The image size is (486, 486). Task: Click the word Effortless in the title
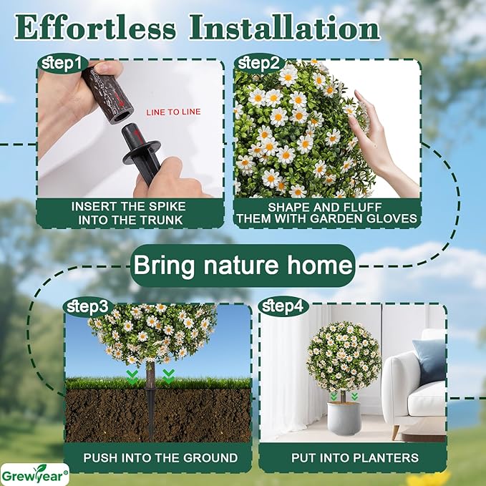point(95,29)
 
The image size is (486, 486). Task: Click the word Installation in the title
point(283,29)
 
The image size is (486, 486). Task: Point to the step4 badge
point(282,307)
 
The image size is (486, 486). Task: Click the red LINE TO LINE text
point(173,112)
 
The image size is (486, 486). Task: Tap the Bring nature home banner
point(243,266)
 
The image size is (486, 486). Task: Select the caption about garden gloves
point(326,213)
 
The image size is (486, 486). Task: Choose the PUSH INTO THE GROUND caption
point(160,457)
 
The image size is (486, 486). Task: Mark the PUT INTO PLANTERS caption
point(351,457)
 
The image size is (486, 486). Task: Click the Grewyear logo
point(35,472)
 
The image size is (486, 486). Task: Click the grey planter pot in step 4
point(343,419)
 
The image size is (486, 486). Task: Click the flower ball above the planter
point(343,356)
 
